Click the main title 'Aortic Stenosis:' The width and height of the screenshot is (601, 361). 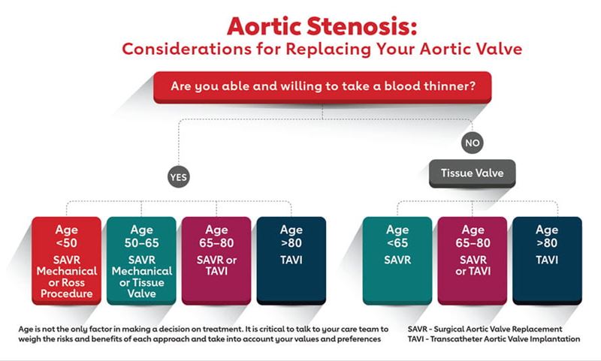(x=322, y=26)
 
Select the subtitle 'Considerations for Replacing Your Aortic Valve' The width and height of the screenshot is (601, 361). (x=322, y=50)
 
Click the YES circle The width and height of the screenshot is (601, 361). (x=179, y=177)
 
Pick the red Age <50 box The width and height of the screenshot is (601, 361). (x=65, y=260)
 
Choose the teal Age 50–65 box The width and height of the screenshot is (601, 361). (x=140, y=260)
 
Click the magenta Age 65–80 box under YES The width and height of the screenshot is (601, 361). (x=216, y=260)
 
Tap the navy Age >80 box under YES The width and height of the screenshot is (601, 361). (x=291, y=260)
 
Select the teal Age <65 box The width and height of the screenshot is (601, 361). (x=397, y=260)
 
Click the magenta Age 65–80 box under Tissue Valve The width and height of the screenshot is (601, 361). (x=472, y=260)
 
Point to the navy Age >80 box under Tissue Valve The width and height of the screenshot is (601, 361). (x=547, y=260)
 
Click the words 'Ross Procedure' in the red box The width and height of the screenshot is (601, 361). (x=66, y=287)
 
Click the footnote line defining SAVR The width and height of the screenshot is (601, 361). (x=485, y=329)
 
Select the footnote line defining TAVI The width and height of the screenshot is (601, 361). (x=494, y=339)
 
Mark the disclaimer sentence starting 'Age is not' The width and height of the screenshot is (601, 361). (x=203, y=329)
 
